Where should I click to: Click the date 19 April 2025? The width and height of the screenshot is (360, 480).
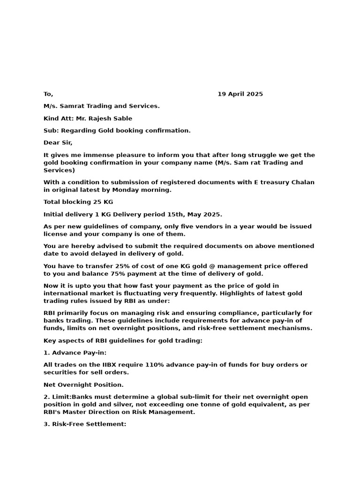click(240, 94)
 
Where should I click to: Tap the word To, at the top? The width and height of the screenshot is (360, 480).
click(48, 94)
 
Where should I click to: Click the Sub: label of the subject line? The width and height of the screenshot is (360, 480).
click(51, 131)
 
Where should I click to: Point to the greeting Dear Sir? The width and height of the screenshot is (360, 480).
click(58, 143)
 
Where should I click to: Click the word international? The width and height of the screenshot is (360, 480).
click(66, 293)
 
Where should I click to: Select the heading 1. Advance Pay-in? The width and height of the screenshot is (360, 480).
click(75, 353)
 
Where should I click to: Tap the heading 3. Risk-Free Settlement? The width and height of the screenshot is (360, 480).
click(85, 424)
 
